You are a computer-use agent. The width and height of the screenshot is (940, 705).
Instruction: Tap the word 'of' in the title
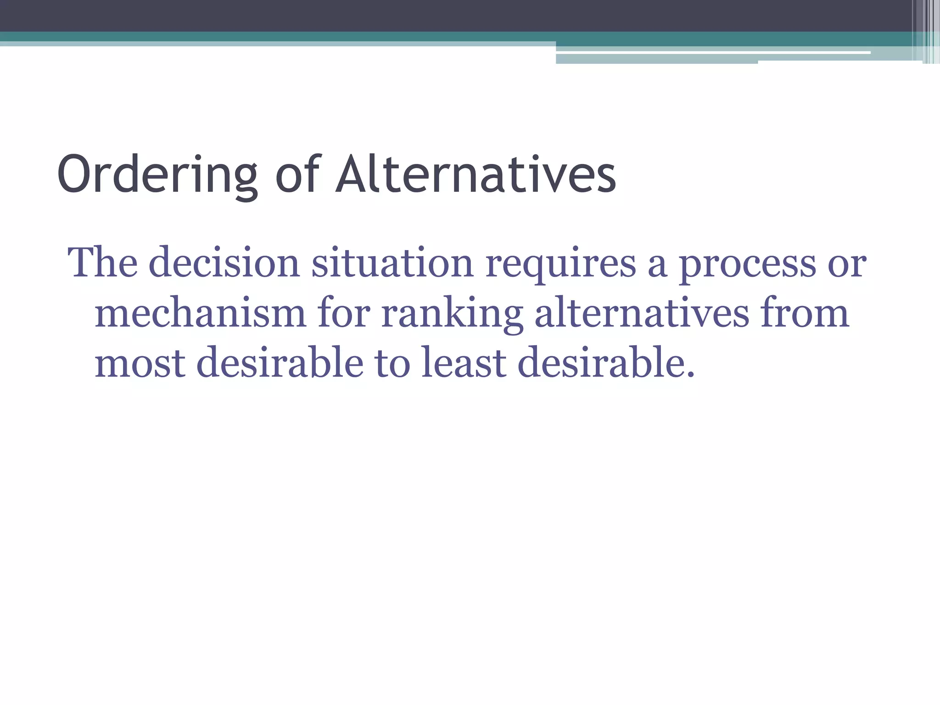[297, 174]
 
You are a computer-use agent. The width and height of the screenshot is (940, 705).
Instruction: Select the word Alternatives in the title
[476, 174]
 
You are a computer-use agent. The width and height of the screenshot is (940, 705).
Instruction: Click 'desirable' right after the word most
[280, 363]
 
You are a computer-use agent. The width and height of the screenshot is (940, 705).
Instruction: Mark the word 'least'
[464, 363]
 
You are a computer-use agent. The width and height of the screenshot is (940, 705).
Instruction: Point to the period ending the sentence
[690, 375]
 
